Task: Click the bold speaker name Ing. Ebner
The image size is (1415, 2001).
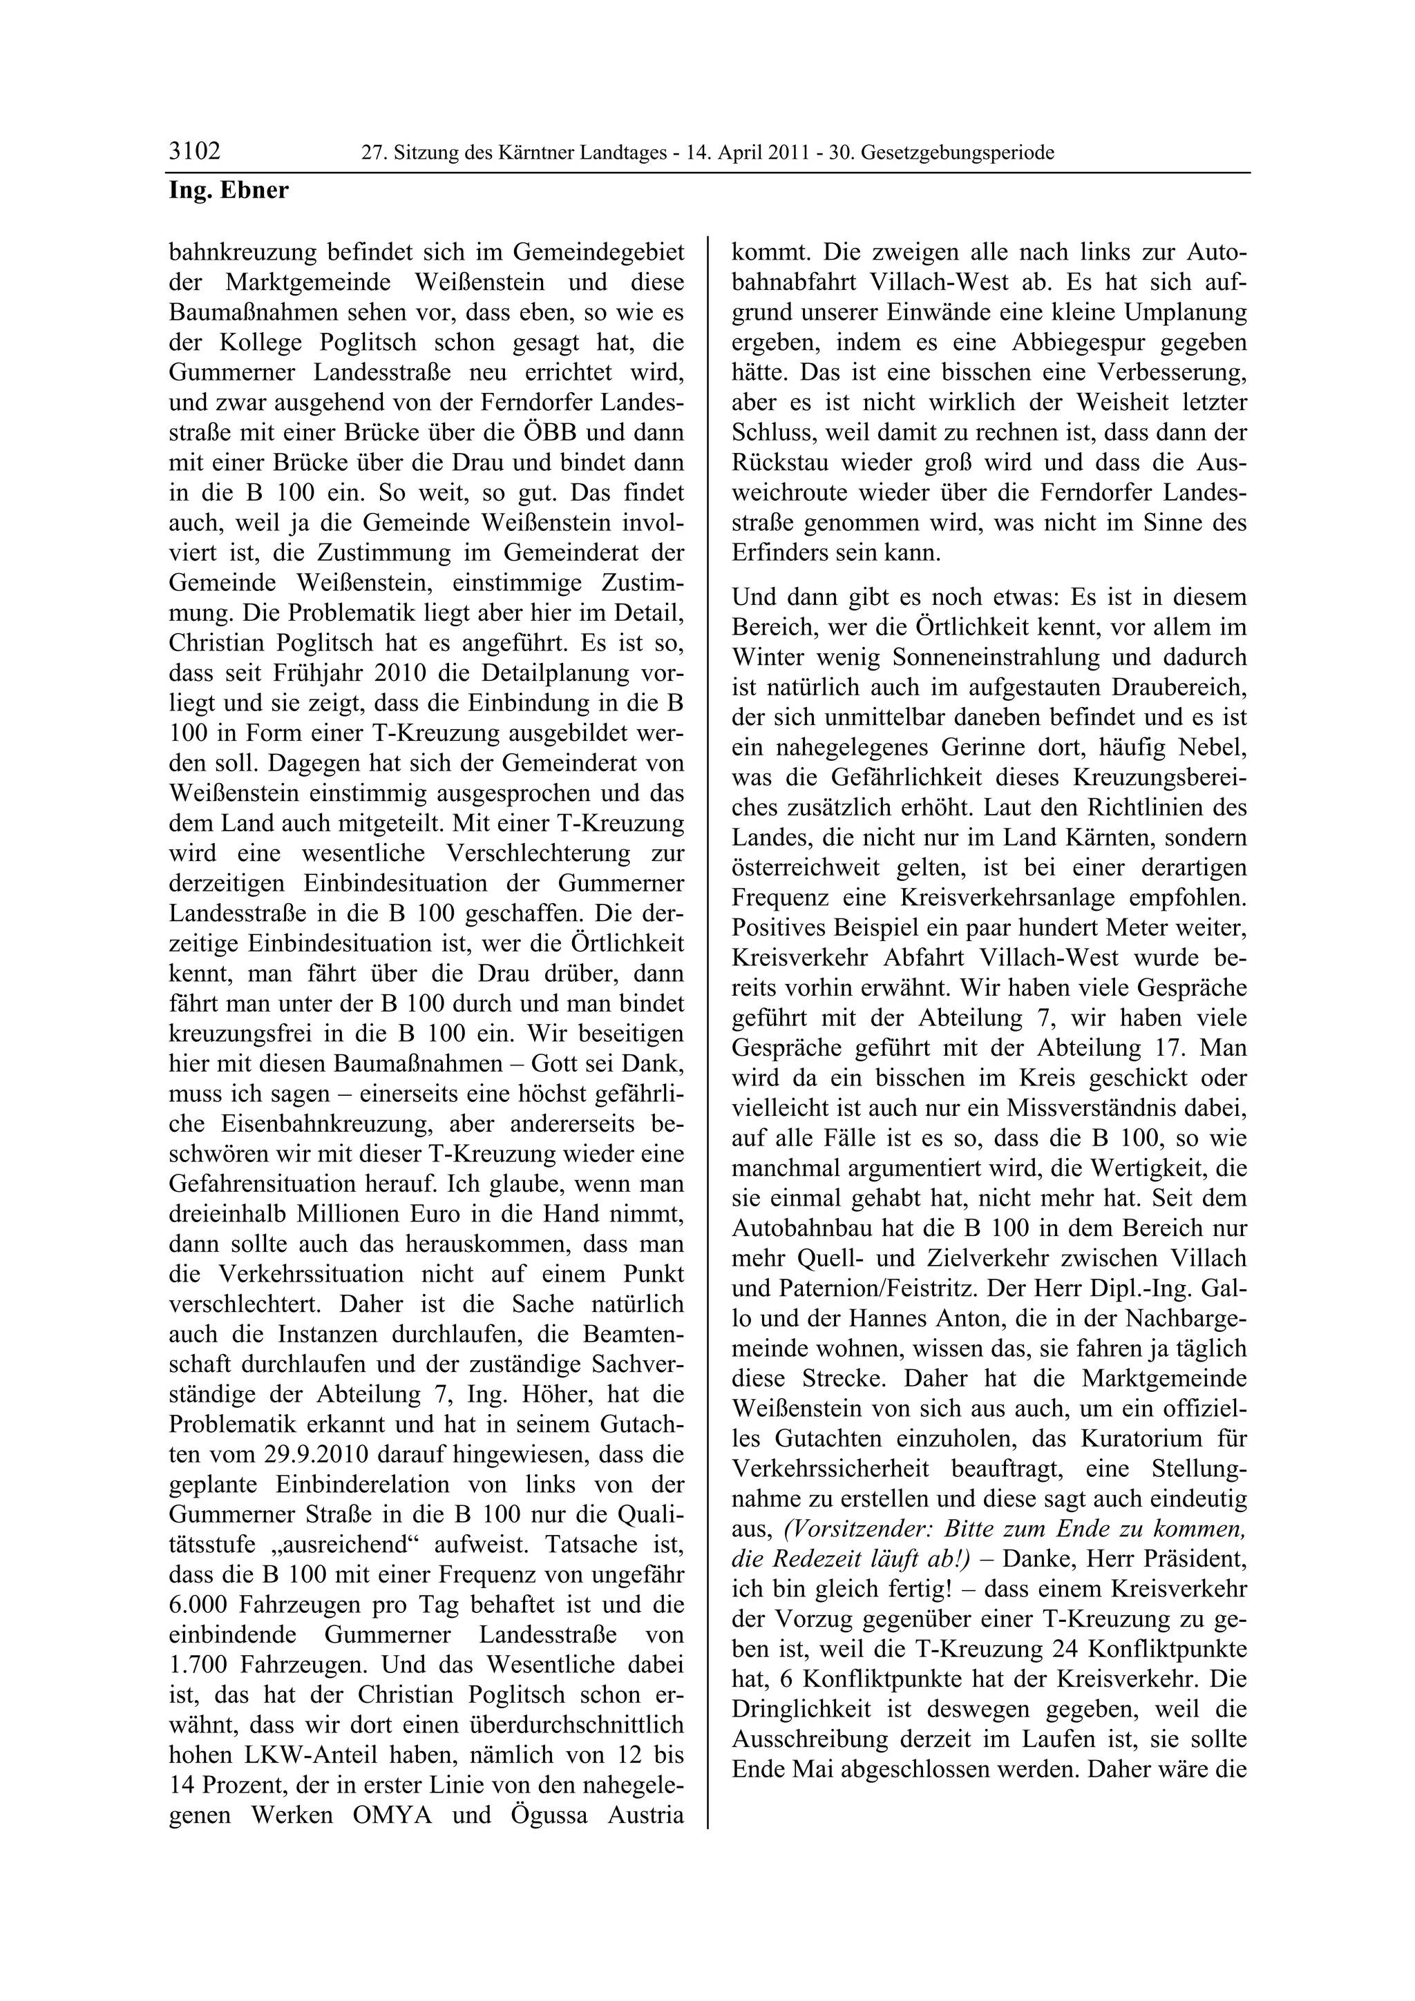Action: click(x=229, y=191)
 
